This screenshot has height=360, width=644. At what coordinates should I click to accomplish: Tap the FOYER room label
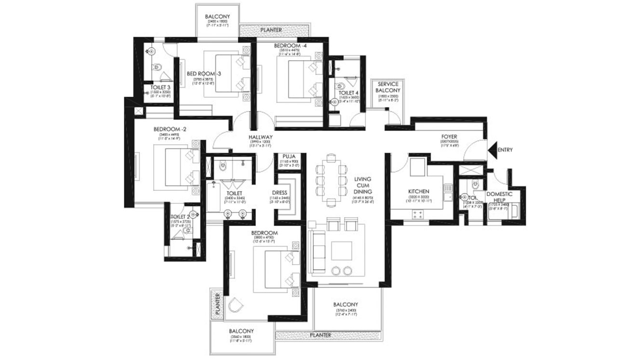449,137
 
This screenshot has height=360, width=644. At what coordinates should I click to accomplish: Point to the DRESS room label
280,193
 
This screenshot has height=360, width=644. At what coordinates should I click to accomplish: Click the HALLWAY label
261,137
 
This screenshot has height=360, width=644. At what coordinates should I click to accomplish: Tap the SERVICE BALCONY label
388,87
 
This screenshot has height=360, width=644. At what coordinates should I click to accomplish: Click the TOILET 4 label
348,93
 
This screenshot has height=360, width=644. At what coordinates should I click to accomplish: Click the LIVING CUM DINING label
362,185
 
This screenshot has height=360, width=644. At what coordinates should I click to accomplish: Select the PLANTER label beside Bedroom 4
271,30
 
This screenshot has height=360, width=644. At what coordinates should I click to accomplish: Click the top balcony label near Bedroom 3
217,16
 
